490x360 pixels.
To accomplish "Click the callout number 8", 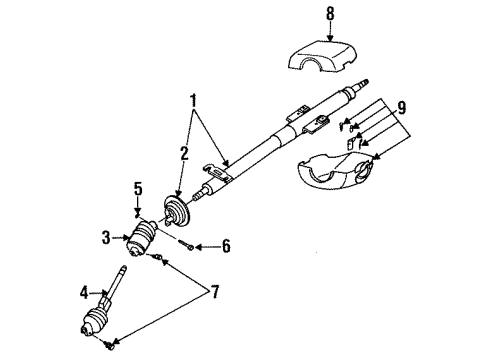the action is (330, 14).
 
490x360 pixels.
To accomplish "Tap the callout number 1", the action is (193, 101).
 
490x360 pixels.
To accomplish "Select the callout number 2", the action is (184, 154).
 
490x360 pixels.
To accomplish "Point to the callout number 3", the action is (106, 238).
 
